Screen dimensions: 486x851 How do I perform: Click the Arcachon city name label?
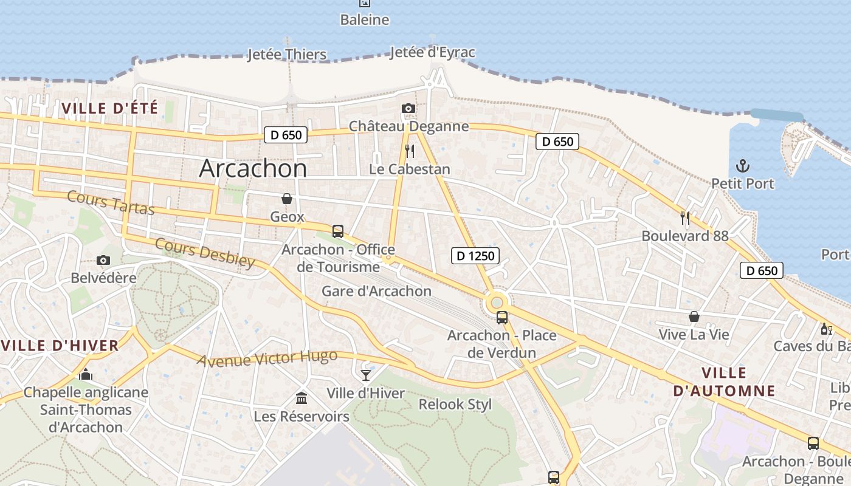(x=253, y=168)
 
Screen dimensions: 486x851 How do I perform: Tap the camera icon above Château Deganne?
(x=408, y=109)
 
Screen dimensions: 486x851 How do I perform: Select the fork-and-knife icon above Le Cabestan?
(x=410, y=151)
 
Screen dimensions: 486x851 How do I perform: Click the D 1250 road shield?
(x=475, y=256)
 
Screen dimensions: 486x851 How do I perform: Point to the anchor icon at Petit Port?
(x=742, y=165)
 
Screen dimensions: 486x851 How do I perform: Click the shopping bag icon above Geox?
(x=287, y=199)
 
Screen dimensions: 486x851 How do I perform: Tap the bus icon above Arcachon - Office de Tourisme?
(x=338, y=231)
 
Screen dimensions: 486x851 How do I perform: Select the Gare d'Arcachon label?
(x=376, y=291)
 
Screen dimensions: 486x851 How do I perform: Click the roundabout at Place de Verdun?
(x=497, y=302)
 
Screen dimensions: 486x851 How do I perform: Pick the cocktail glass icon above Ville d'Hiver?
(x=366, y=375)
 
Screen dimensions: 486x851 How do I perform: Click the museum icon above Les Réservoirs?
(x=301, y=399)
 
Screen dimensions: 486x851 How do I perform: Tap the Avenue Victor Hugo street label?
(x=267, y=358)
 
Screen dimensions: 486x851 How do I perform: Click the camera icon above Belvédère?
(x=103, y=261)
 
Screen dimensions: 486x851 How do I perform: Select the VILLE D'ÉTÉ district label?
(x=110, y=109)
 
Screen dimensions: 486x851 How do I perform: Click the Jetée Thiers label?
(x=287, y=55)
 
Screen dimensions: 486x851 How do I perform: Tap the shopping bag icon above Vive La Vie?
(x=694, y=317)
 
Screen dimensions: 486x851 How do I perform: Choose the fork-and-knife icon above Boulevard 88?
(x=685, y=217)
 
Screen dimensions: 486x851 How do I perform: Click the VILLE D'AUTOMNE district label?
(x=724, y=382)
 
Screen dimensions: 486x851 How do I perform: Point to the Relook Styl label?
(x=455, y=405)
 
